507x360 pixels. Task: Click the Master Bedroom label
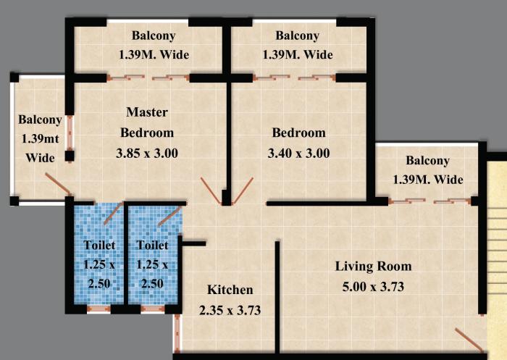tap(147, 122)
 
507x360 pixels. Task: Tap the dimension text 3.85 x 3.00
tap(147, 153)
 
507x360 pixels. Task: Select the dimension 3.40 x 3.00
tap(298, 153)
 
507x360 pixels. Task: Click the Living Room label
tap(373, 266)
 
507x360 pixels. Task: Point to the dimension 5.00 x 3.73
tap(373, 286)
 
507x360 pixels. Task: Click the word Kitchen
tap(230, 290)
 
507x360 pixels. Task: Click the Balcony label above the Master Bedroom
tap(154, 35)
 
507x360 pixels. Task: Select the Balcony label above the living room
tap(427, 161)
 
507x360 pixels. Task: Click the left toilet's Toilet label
tap(99, 246)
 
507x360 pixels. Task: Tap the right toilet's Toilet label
tap(153, 246)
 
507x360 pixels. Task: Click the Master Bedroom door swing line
tap(212, 190)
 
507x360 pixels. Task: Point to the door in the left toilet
tap(112, 214)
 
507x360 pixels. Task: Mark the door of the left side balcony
tap(57, 184)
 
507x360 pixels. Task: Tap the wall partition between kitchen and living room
tap(277, 297)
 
